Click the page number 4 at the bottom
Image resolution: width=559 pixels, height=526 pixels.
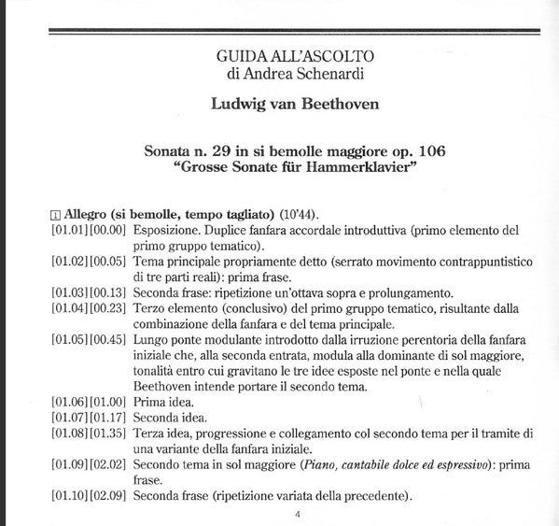pos(297,515)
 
